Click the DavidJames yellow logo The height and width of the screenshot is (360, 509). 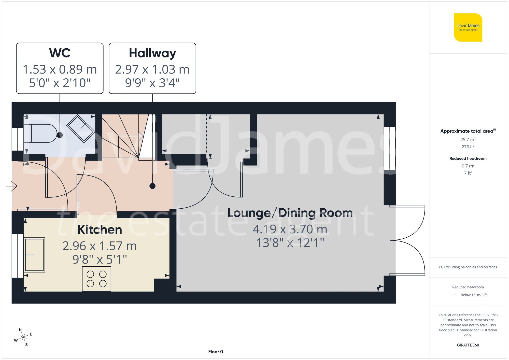[468, 27]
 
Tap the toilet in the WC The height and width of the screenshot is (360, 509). [41, 133]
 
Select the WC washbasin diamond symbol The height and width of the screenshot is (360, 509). [81, 129]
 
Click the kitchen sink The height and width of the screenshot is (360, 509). [34, 255]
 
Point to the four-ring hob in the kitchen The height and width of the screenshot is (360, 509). [96, 279]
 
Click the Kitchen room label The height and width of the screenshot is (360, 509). [100, 229]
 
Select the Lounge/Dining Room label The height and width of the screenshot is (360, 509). [290, 213]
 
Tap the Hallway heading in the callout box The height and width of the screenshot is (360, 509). [152, 53]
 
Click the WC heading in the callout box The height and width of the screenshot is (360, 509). [60, 53]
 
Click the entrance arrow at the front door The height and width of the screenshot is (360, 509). [12, 186]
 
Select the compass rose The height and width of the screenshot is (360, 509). [23, 337]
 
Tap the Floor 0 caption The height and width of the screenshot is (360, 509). [215, 352]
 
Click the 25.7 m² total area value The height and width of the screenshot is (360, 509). [468, 139]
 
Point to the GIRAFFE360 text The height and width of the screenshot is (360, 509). [468, 345]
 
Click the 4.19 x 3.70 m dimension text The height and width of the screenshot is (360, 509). [290, 229]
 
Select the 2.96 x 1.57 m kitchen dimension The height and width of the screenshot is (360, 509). [100, 246]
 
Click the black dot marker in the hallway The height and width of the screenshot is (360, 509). [152, 186]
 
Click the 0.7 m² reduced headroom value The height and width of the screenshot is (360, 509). [468, 166]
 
